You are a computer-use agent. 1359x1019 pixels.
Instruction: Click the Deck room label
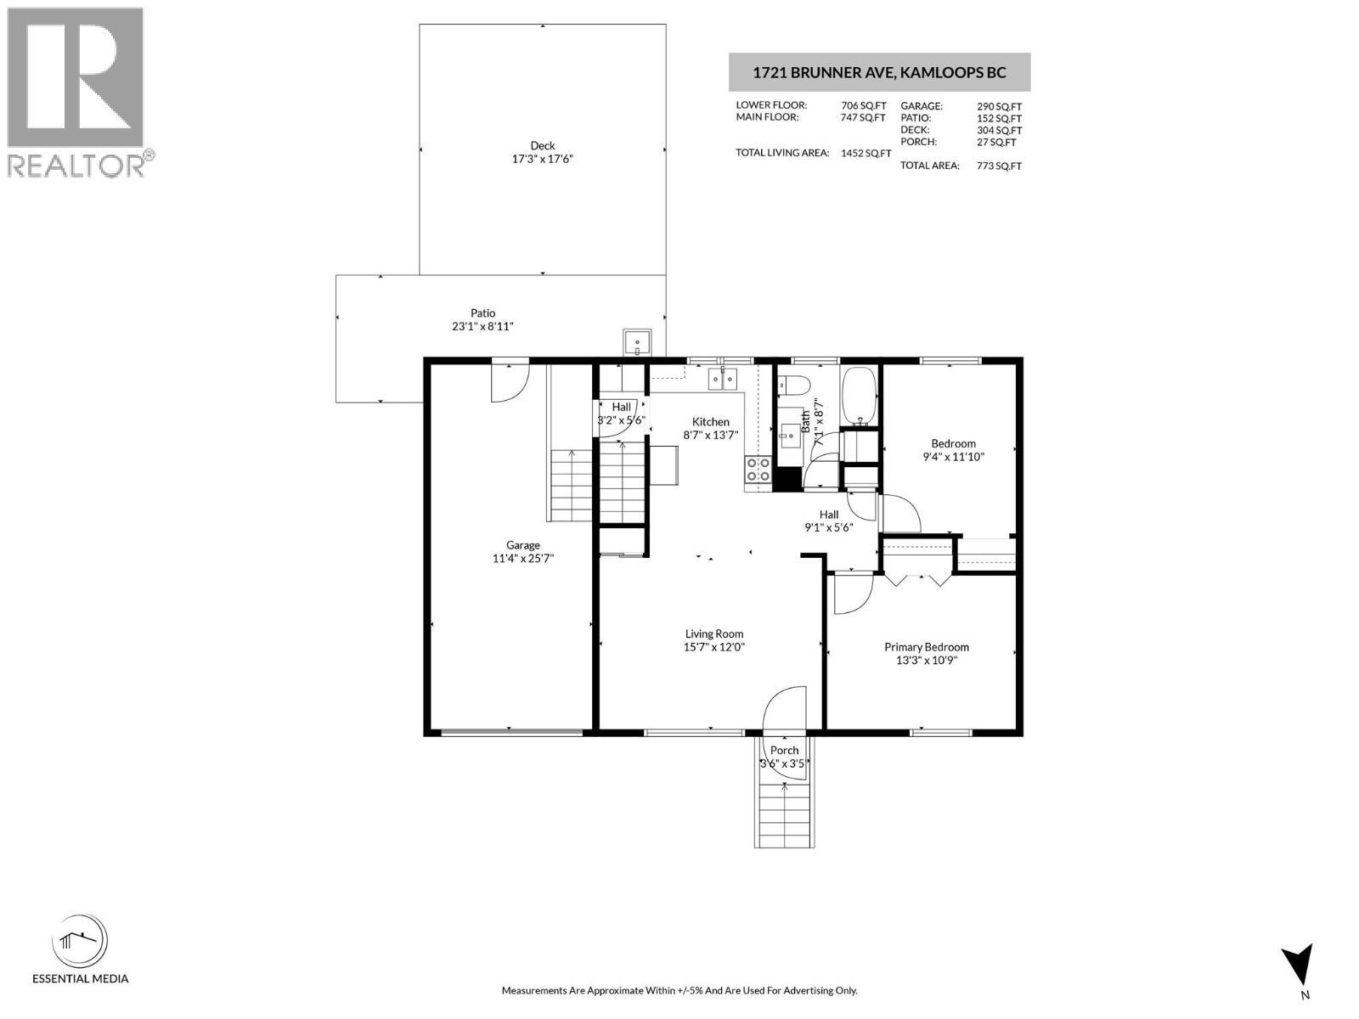[542, 145]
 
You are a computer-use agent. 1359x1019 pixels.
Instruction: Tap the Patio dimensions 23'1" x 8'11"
[482, 326]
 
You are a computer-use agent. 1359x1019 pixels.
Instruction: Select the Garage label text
[522, 545]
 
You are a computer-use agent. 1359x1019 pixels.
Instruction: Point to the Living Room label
[713, 633]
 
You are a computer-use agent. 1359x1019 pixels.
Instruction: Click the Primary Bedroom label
[926, 647]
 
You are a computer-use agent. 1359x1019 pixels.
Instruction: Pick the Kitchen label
[710, 422]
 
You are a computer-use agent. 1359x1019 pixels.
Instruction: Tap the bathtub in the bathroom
[860, 397]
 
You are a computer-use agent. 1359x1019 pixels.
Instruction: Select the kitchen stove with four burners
[758, 470]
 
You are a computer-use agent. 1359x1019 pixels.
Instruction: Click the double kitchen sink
[722, 379]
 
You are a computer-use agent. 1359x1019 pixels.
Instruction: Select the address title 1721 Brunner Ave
[879, 72]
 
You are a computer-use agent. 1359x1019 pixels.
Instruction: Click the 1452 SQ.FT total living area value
[866, 154]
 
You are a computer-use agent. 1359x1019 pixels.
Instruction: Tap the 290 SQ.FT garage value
[999, 106]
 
